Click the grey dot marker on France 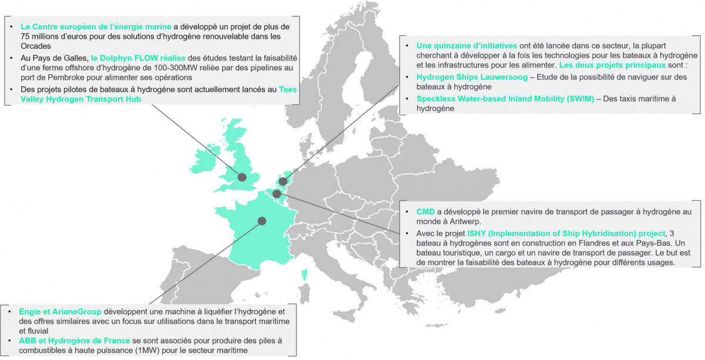click(x=261, y=221)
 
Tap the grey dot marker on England click(x=241, y=177)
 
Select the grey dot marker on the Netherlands click(x=283, y=181)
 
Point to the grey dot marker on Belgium click(x=276, y=193)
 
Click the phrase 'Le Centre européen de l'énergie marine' click(x=96, y=27)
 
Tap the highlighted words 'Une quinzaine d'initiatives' click(x=467, y=46)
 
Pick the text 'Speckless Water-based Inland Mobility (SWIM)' click(x=505, y=99)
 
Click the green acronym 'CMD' click(x=425, y=211)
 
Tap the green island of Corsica click(x=304, y=274)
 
